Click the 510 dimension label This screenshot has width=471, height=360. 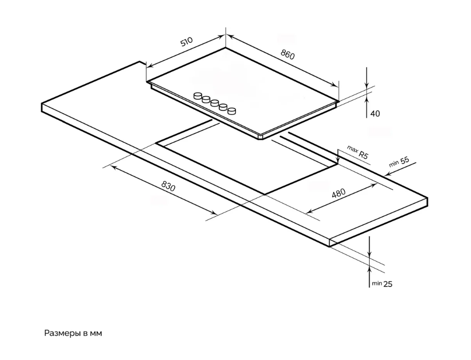point(186,42)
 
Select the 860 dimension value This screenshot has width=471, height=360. point(288,54)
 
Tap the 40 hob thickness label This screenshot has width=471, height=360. point(375,113)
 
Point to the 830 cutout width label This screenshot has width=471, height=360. point(168,186)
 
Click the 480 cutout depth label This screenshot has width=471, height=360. point(338,193)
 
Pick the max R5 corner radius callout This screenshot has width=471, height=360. point(358,152)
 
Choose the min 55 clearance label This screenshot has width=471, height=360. point(399,162)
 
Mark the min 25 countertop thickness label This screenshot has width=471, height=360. point(382,284)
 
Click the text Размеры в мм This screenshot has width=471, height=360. point(73,333)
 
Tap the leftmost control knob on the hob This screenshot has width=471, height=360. point(198,96)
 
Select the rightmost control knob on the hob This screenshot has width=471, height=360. point(232,111)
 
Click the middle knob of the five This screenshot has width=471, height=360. point(214,103)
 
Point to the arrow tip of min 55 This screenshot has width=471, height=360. point(385,175)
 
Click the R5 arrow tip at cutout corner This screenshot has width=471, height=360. point(338,164)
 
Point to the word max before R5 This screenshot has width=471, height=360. point(352,149)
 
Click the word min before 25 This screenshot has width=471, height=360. point(377,283)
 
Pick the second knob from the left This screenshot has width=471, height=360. point(206,99)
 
